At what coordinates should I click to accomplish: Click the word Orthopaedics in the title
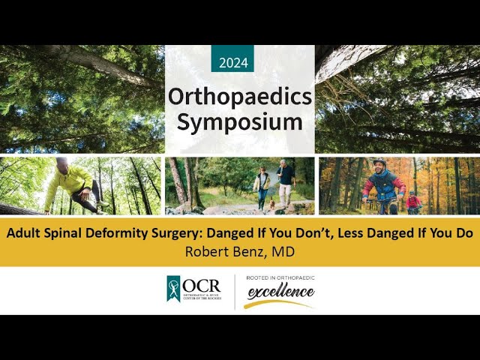[x=239, y=96]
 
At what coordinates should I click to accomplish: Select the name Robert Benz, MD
[x=239, y=251]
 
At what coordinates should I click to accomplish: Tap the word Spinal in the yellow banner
[x=61, y=233]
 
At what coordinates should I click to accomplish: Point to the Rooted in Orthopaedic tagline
[x=270, y=278]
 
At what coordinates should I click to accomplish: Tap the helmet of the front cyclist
[x=379, y=162]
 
